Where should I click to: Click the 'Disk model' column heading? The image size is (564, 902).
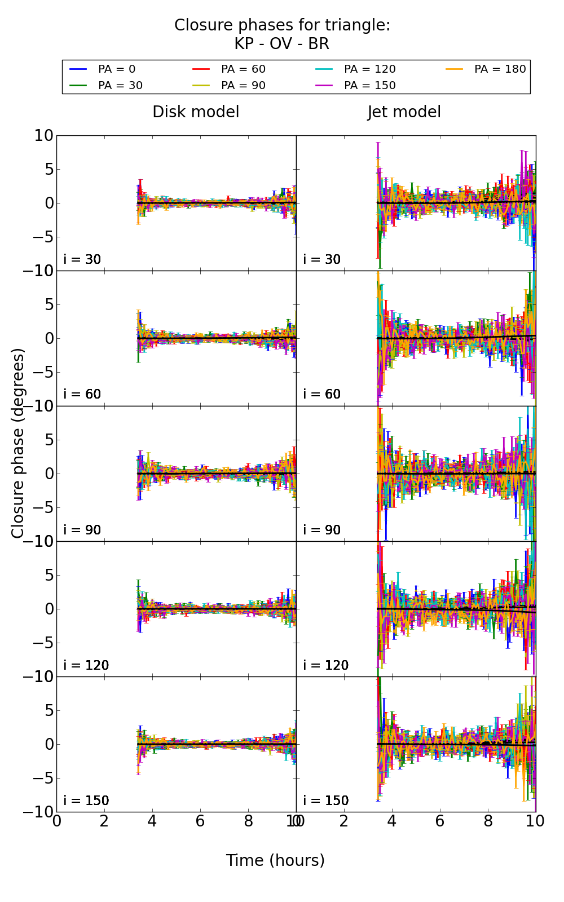tap(196, 112)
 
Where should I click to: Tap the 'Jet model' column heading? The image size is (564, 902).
tap(404, 112)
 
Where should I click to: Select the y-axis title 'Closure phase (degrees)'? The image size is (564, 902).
tap(18, 443)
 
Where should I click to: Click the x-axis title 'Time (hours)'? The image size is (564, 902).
tap(275, 860)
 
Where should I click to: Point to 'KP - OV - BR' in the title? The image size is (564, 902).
tap(281, 44)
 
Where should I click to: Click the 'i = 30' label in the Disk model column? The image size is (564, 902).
tap(82, 259)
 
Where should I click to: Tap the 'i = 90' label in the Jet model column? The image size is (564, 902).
tap(322, 530)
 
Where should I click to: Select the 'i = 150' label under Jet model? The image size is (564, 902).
tap(326, 801)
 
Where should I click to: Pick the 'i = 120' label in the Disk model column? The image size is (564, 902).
tap(86, 665)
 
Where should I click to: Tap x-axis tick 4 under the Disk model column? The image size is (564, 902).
tap(152, 821)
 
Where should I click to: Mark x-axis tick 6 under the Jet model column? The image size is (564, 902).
tap(440, 821)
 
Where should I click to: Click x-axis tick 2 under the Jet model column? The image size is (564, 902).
tap(344, 821)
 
